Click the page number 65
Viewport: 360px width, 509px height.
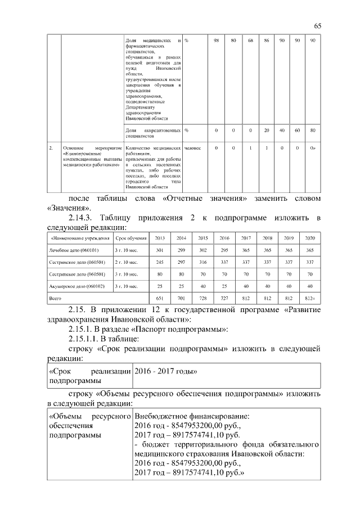click(317, 26)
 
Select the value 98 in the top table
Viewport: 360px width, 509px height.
click(217, 41)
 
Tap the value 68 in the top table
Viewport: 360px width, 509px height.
click(250, 41)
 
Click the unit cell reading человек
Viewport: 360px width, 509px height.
click(192, 148)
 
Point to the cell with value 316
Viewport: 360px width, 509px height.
click(202, 262)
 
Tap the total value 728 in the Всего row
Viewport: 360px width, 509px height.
click(202, 298)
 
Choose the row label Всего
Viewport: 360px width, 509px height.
click(56, 298)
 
